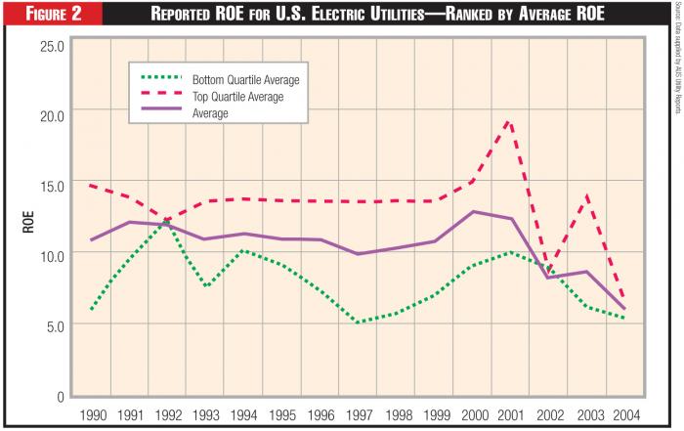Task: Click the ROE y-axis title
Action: click(x=28, y=221)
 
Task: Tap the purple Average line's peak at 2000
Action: click(x=473, y=211)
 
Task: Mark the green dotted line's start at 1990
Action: click(x=90, y=310)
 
